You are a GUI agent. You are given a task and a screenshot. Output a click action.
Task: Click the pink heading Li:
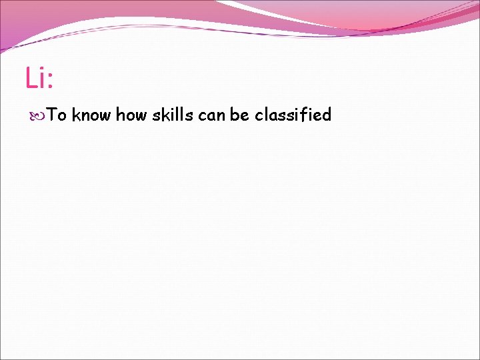(x=39, y=78)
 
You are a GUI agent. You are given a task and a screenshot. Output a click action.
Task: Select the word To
(x=57, y=115)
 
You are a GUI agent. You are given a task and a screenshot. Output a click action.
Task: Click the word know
(x=91, y=115)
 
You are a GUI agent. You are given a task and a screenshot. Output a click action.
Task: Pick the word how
(x=131, y=115)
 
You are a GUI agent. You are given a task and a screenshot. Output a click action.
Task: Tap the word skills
(x=173, y=115)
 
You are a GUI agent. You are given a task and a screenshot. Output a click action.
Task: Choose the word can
(x=212, y=115)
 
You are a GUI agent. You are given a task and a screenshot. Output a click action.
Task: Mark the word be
(x=239, y=115)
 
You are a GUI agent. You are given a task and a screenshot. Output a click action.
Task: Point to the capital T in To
(x=53, y=115)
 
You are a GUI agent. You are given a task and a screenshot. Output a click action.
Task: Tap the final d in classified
(x=327, y=115)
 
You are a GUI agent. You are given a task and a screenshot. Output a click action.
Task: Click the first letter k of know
(x=76, y=115)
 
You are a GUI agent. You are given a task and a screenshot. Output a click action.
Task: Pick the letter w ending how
(x=141, y=116)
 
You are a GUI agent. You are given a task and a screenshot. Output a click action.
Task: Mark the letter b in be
(x=235, y=115)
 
